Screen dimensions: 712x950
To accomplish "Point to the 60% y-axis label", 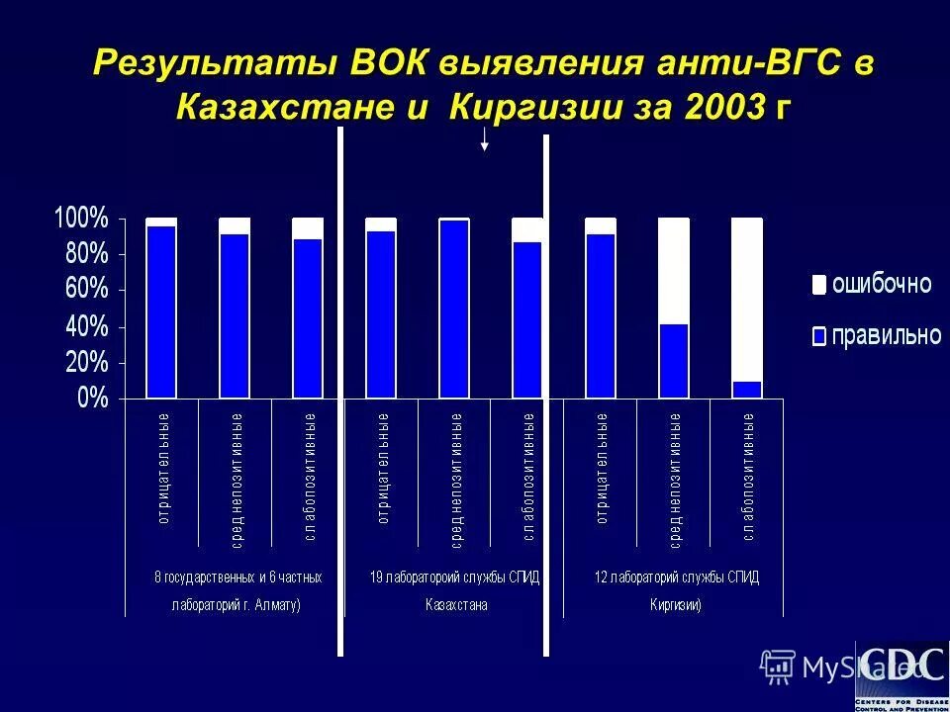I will [x=87, y=291].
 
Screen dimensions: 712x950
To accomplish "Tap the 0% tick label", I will [x=93, y=399].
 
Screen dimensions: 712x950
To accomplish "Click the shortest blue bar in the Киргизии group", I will [x=747, y=390].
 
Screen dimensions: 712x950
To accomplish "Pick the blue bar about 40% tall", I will [x=674, y=361].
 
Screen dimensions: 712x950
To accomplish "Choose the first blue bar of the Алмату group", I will [x=161, y=312].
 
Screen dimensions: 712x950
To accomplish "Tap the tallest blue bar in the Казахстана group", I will [x=454, y=310].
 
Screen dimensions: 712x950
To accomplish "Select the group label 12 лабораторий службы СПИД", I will [x=676, y=577].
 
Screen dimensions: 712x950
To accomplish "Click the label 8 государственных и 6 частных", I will [x=237, y=577].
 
